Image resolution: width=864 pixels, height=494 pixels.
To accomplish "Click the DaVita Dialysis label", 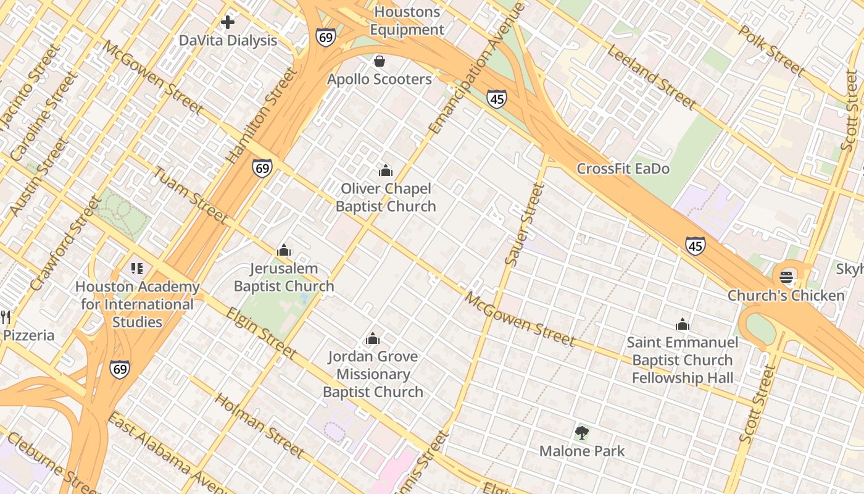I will click(x=228, y=41).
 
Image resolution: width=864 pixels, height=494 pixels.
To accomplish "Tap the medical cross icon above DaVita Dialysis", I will click(x=228, y=22).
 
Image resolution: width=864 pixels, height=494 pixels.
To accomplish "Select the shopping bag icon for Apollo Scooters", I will click(x=380, y=61).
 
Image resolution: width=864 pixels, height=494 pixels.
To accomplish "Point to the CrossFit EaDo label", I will click(x=623, y=169).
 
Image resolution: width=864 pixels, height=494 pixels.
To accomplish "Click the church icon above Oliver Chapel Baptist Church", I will click(x=386, y=170).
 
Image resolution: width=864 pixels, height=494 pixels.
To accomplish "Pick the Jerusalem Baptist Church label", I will click(x=284, y=277).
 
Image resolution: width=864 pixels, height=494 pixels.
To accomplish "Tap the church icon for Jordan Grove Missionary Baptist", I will click(x=373, y=338).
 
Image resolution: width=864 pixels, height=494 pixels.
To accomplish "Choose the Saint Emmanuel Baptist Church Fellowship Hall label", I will click(x=683, y=360).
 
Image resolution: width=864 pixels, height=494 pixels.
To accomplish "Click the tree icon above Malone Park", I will click(x=581, y=433).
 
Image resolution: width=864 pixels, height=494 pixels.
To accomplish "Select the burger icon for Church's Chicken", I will click(x=786, y=277).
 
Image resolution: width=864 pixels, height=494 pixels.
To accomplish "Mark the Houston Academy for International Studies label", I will click(x=138, y=304).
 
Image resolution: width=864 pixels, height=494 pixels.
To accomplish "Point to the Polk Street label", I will click(x=771, y=51).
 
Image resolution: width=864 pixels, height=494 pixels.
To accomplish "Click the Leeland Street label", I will click(x=652, y=77).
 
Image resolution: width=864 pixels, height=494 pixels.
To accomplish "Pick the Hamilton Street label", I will click(x=262, y=115).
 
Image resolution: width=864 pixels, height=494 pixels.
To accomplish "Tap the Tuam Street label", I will click(x=190, y=195).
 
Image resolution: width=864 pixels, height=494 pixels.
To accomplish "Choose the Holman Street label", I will click(x=259, y=425).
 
